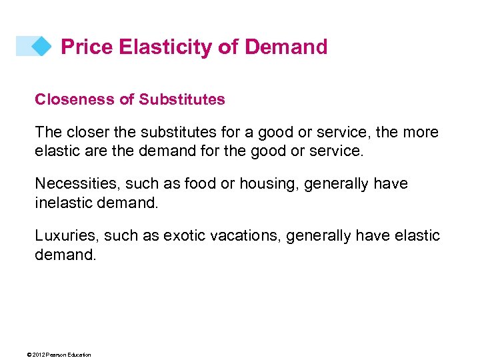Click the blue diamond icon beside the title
(x=41, y=46)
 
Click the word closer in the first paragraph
(x=84, y=132)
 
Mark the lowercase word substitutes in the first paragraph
(x=171, y=132)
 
